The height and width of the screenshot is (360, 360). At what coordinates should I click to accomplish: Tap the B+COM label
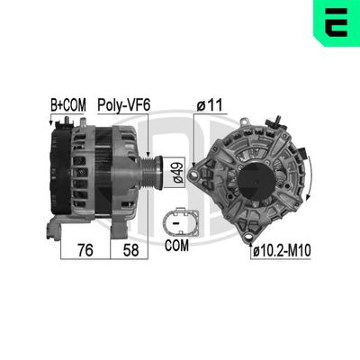67,105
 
